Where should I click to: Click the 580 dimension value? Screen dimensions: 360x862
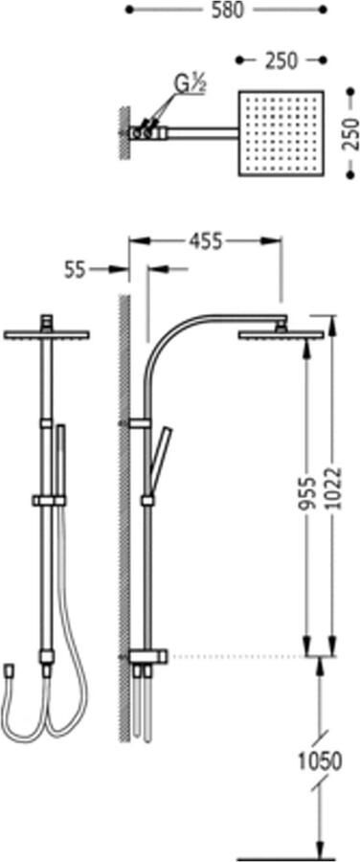point(227,10)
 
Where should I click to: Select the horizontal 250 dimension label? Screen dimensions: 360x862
point(281,60)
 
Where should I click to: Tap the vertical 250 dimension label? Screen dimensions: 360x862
point(349,133)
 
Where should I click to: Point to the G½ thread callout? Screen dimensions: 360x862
point(191,84)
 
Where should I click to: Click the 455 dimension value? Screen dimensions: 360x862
point(206,240)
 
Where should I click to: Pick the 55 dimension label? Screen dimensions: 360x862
point(76,269)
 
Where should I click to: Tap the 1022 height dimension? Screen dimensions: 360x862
point(333,488)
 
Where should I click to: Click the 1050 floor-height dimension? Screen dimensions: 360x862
point(320,760)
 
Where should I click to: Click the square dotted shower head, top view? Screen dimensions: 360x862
point(281,133)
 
